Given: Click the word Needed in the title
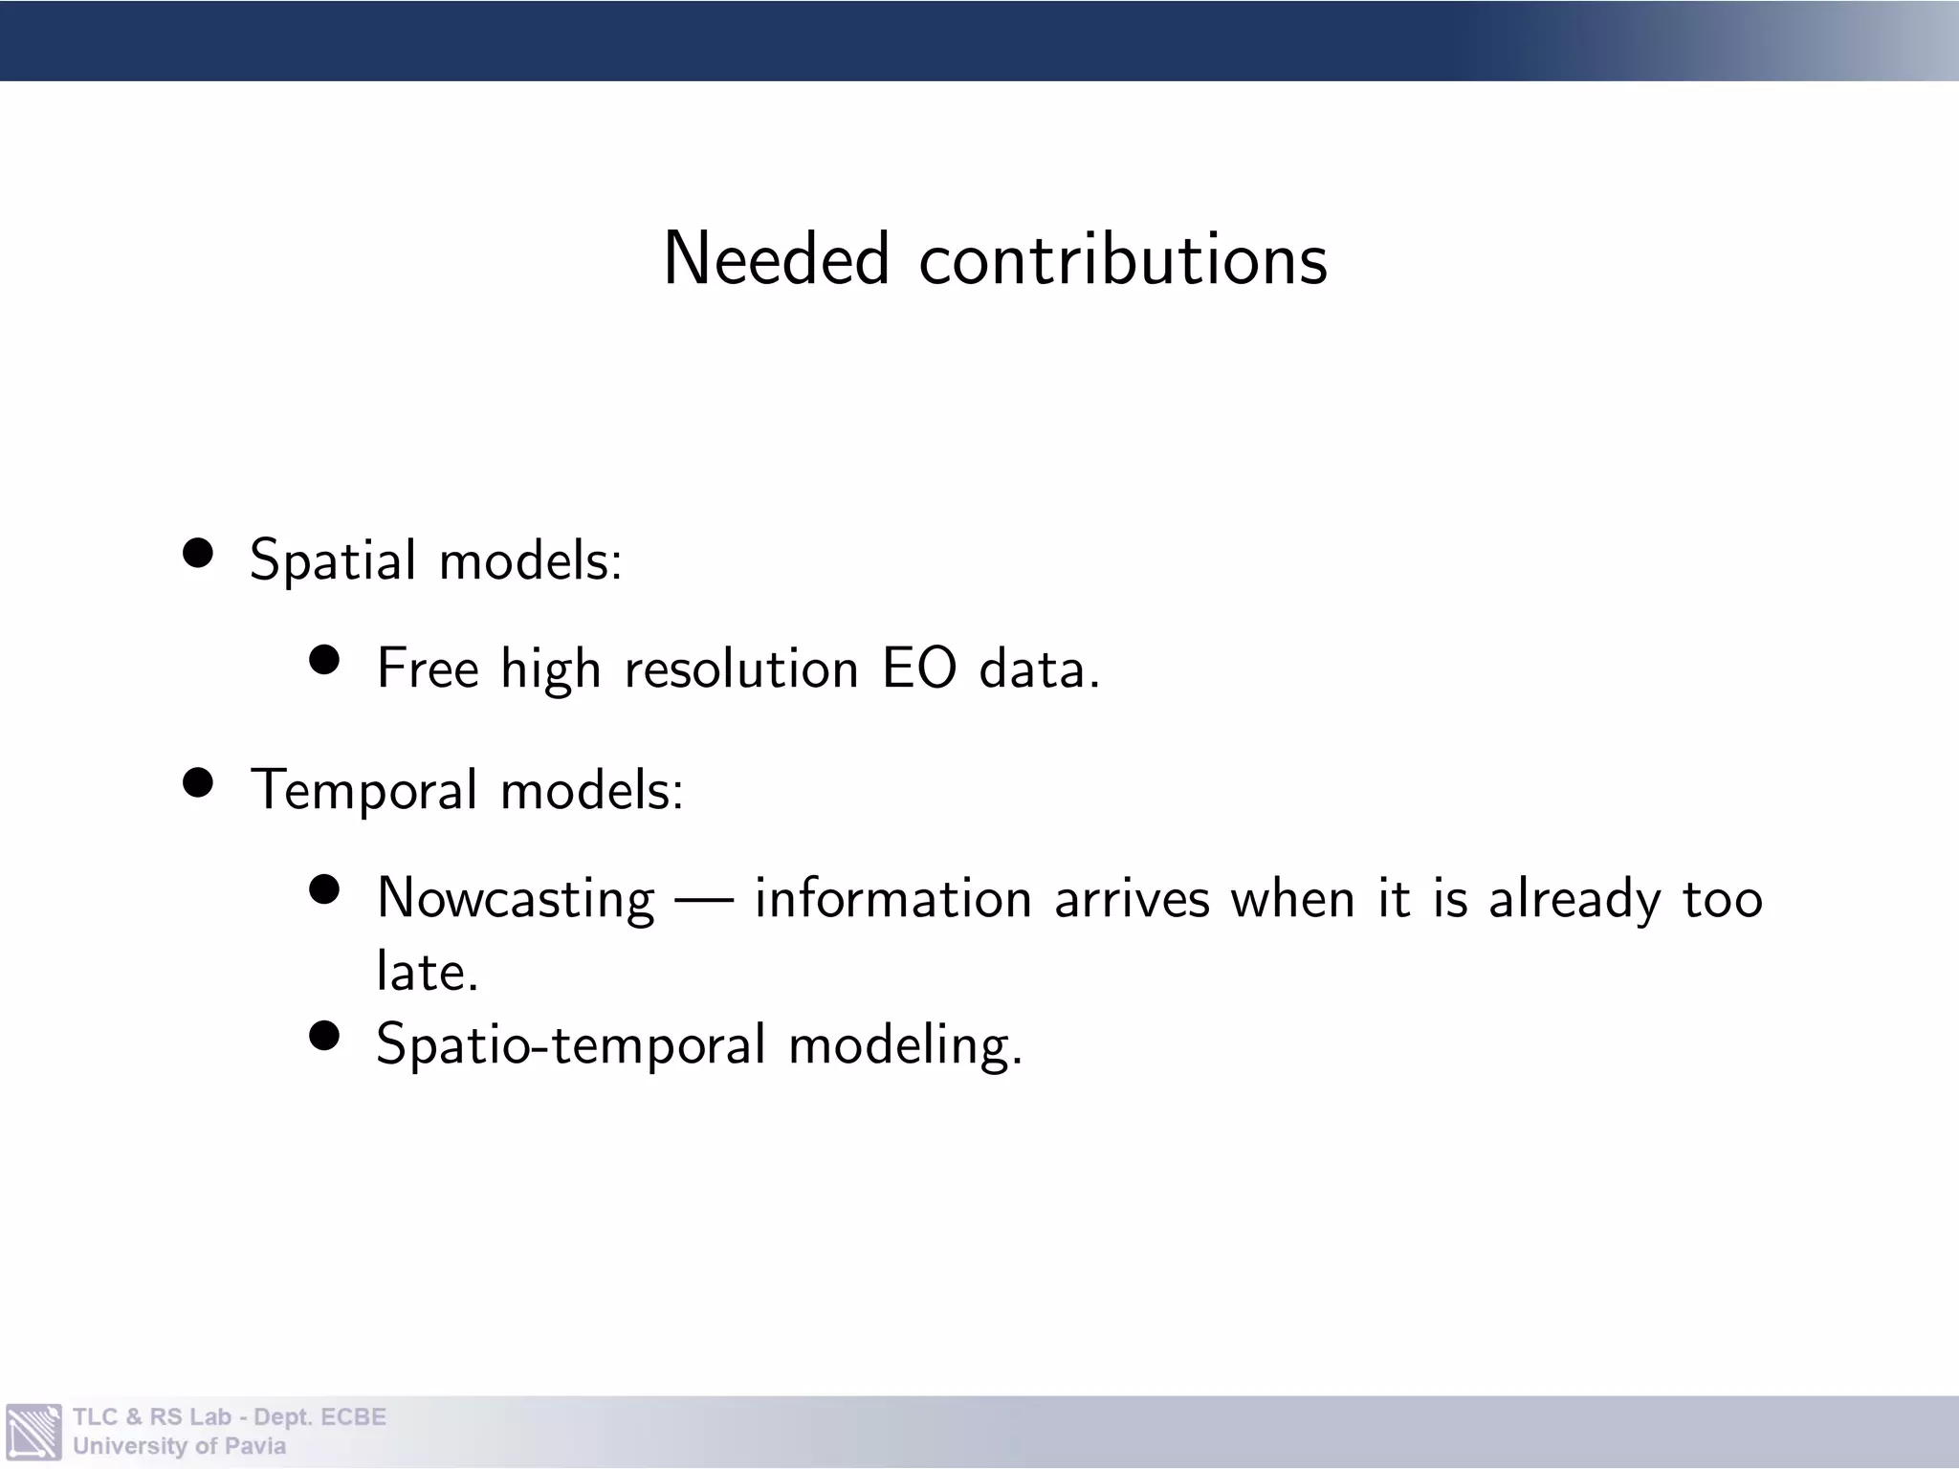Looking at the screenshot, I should point(776,259).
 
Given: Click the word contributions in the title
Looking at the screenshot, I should point(1123,259).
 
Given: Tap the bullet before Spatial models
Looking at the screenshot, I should point(198,554).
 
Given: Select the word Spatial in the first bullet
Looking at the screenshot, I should point(332,560).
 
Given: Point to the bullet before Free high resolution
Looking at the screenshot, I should point(325,661).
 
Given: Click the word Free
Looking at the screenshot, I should point(427,668).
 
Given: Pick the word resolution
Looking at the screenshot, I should point(741,668).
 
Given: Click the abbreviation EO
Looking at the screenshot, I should point(918,668).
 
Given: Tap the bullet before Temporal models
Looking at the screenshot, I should point(198,783).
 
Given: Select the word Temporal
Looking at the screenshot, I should point(363,791).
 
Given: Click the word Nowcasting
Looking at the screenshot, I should point(516,899).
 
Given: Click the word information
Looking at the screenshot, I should point(892,899).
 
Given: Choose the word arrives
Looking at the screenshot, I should point(1132,899).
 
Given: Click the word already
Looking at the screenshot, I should point(1574,899).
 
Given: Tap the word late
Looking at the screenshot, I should point(426,972).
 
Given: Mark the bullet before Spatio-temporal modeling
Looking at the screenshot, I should point(325,1036).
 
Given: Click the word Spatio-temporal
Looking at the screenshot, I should point(571,1044).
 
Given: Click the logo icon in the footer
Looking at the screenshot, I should point(33,1432).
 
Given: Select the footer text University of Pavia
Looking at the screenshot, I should point(179,1446).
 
